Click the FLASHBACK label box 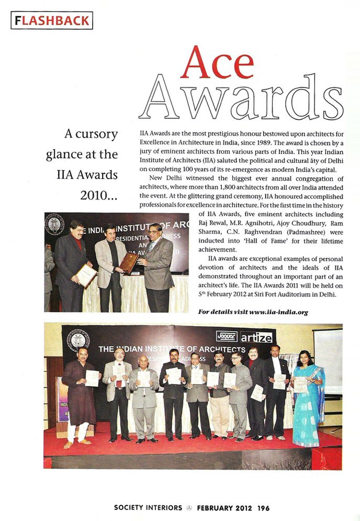51,20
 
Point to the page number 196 263,508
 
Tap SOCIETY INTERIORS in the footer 148,508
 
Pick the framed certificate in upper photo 86,275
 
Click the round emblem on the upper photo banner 54,224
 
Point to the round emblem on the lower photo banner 78,340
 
